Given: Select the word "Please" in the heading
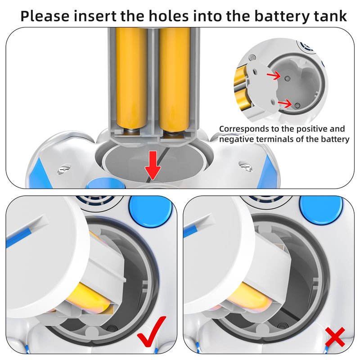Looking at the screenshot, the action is pyautogui.click(x=45, y=16).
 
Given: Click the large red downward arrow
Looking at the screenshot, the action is pyautogui.click(x=153, y=165).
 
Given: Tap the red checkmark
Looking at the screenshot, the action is pyautogui.click(x=152, y=331).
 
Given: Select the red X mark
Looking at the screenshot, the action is pyautogui.click(x=335, y=337).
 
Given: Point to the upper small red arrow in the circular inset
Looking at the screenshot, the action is pyautogui.click(x=274, y=75).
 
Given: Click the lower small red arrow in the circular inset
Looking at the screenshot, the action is pyautogui.click(x=285, y=103).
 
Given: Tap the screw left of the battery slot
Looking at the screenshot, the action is pyautogui.click(x=63, y=169).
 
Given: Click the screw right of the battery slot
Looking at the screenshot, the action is pyautogui.click(x=245, y=166).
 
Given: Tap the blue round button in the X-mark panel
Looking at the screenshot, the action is pyautogui.click(x=321, y=210).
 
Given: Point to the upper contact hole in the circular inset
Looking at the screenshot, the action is pyautogui.click(x=287, y=79).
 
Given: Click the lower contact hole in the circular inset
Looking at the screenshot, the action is pyautogui.click(x=297, y=106).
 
